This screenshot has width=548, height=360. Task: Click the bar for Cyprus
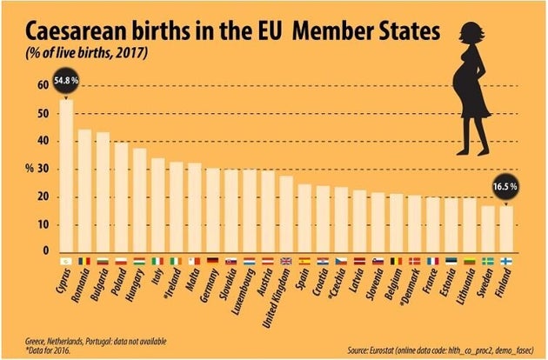[x=65, y=174]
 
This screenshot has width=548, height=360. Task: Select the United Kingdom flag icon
[x=286, y=260]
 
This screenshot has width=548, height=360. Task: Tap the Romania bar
[x=84, y=190]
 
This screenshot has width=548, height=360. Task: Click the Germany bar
[x=212, y=210]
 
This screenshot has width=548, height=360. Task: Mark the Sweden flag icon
[x=489, y=260]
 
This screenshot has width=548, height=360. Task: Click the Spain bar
[x=304, y=217]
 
